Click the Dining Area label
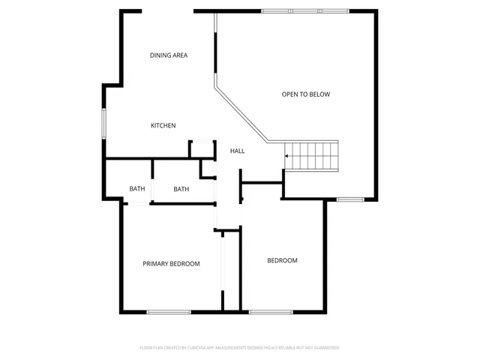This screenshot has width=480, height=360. (168, 55)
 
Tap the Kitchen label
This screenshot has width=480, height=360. (163, 125)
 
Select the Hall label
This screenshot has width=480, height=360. (237, 151)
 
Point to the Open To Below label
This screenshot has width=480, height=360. (305, 94)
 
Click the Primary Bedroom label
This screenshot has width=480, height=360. (171, 263)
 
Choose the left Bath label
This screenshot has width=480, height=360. (136, 189)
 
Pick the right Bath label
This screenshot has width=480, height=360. (181, 189)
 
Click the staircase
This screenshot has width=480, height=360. (312, 155)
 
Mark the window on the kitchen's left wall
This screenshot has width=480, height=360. (104, 123)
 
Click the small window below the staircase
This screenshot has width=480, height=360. (349, 199)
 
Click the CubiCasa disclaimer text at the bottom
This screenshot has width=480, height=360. (239, 348)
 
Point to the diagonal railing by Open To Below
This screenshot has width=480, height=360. (242, 113)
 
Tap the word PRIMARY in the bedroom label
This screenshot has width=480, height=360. (157, 263)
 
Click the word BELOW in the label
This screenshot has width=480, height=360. (320, 94)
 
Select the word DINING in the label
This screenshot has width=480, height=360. (160, 55)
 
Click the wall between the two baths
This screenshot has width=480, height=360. (152, 180)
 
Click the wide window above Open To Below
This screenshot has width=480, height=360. (304, 11)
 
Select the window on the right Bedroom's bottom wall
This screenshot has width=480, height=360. (270, 311)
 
